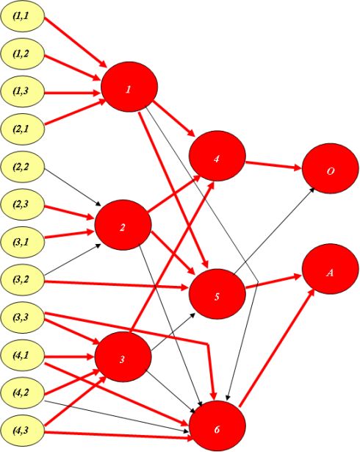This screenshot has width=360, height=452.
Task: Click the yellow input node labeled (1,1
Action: tap(22, 17)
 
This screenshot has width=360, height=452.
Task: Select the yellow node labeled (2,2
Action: tap(22, 167)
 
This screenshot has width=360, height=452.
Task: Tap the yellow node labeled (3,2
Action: tap(22, 280)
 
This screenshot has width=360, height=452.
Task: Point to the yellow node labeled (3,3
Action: tap(22, 318)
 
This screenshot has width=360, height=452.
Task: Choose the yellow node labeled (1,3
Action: tap(22, 92)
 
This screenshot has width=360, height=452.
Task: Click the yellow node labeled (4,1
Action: tap(22, 356)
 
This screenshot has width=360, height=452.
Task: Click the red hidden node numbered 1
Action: tap(129, 87)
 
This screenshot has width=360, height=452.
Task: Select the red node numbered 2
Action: tap(123, 225)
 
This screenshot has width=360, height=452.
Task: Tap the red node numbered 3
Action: tap(123, 357)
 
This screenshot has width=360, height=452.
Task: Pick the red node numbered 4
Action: tap(217, 156)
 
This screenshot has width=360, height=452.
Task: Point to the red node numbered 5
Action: tap(217, 294)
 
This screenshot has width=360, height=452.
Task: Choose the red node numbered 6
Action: tap(217, 426)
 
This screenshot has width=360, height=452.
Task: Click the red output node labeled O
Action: tap(331, 168)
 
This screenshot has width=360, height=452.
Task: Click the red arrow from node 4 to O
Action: tap(273, 165)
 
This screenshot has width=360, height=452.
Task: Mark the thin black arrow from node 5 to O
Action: tap(274, 230)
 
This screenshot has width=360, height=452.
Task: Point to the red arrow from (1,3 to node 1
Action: tap(73, 93)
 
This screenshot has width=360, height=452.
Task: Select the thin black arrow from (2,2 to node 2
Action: tap(73, 187)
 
